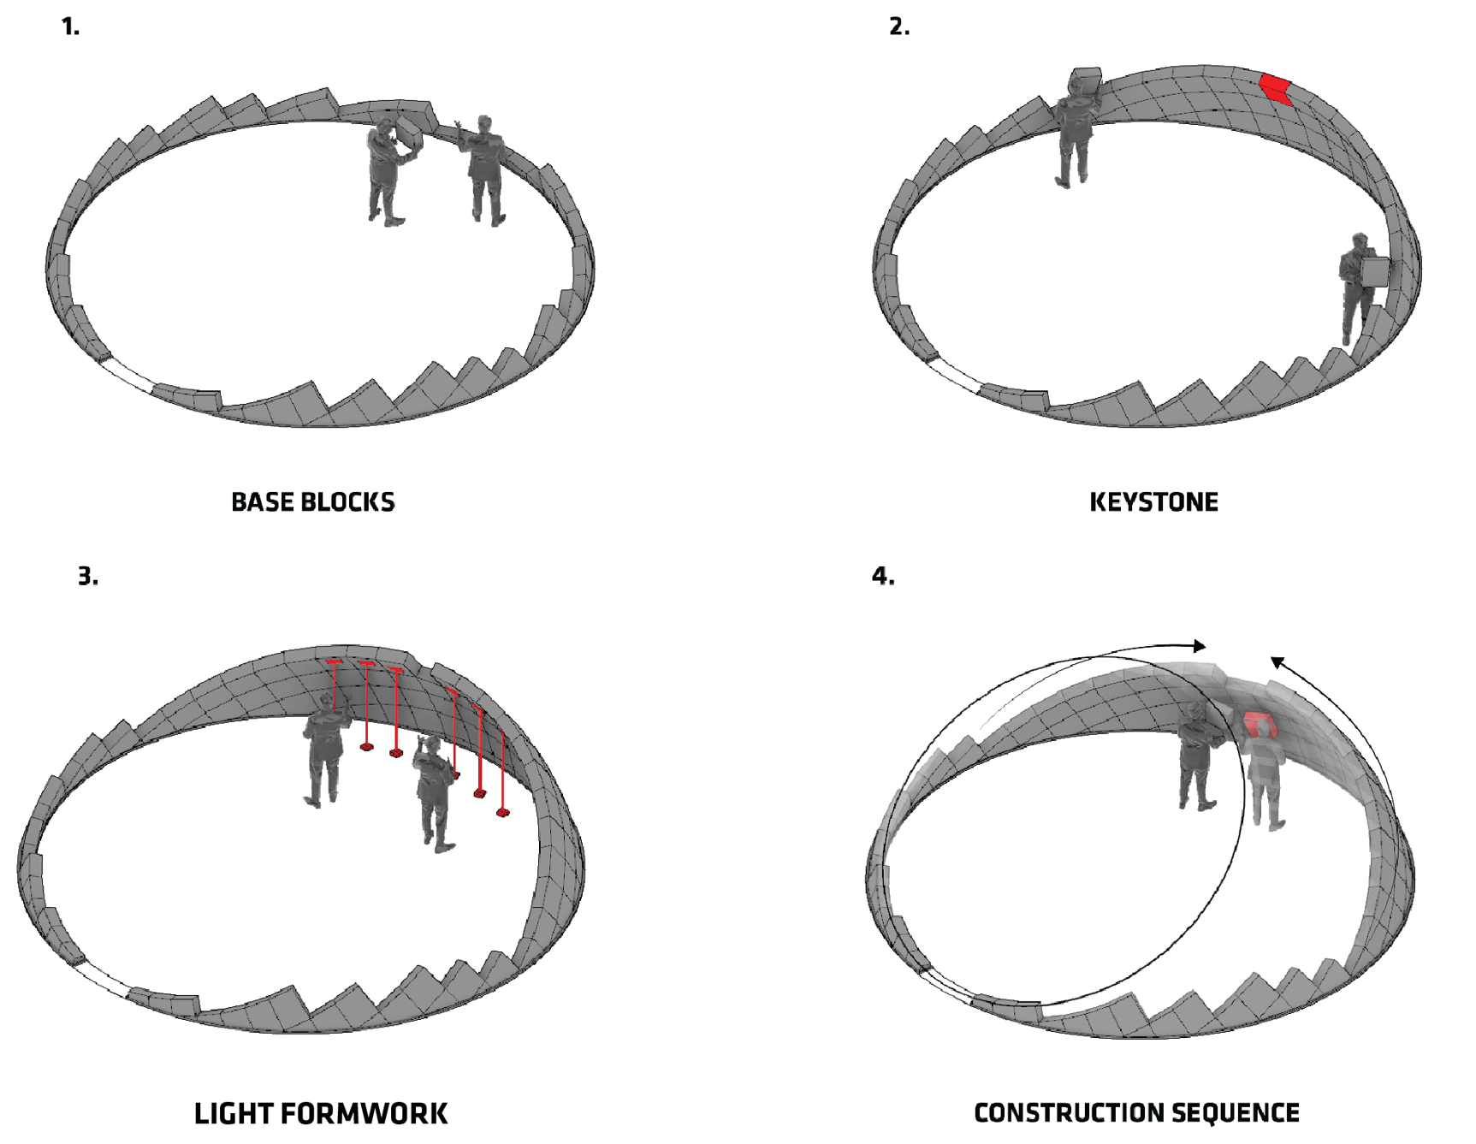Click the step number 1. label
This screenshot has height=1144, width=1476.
[x=70, y=27]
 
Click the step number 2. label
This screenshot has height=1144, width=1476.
[x=898, y=27]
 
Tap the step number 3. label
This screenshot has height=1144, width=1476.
[x=87, y=576]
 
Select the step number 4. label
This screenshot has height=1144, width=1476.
[x=882, y=576]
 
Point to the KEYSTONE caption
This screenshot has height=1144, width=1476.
[x=1153, y=502]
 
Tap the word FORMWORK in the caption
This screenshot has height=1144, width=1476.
[x=364, y=1113]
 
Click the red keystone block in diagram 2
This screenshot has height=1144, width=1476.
[x=1275, y=88]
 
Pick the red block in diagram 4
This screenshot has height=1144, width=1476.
[x=1259, y=726]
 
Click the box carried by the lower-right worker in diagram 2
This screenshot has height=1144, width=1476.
[x=1374, y=272]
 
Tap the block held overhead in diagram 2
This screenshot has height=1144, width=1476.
[x=1086, y=80]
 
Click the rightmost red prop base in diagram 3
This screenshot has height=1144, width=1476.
[x=502, y=812]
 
